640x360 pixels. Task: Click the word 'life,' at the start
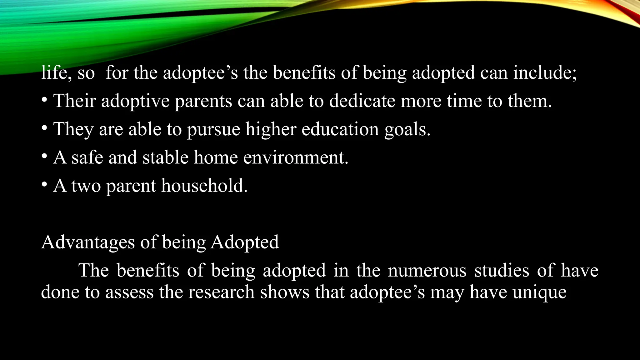pos(56,73)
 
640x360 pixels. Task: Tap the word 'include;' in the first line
pos(545,73)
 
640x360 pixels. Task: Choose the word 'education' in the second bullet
pos(340,129)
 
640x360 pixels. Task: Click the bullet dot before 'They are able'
pos(44,128)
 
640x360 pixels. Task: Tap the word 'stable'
pos(165,157)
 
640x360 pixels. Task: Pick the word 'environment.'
pos(296,157)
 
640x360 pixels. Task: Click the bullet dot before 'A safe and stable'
pos(44,157)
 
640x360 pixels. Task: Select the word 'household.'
pos(204,186)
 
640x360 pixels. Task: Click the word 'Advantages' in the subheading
pos(88,242)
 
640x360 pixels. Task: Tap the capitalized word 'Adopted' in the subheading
pos(245,242)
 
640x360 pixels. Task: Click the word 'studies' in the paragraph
pos(502,270)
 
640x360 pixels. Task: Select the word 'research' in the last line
pos(221,292)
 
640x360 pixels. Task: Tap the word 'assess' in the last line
pos(129,292)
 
